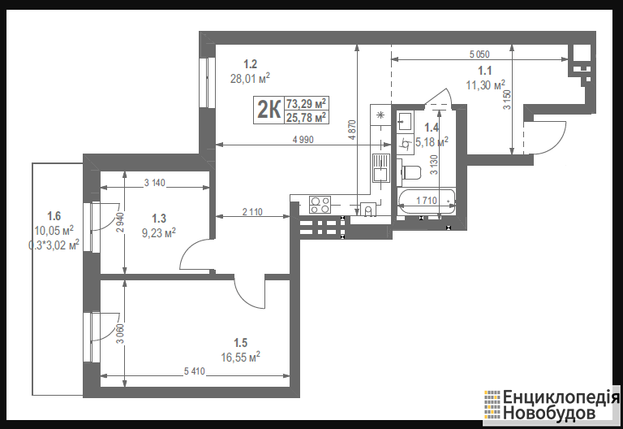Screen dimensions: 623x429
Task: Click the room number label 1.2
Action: tap(251, 64)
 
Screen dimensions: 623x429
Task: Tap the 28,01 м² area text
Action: tap(250, 78)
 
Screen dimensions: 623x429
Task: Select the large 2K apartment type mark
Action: tap(269, 110)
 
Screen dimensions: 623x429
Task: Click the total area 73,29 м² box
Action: tap(307, 104)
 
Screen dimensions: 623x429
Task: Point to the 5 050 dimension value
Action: tap(479, 54)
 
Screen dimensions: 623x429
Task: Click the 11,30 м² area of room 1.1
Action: tap(486, 85)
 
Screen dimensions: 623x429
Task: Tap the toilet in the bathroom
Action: tap(409, 173)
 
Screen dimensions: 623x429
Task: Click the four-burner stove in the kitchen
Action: tap(320, 205)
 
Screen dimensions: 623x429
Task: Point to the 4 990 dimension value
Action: tap(303, 140)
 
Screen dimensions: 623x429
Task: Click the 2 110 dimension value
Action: tap(252, 212)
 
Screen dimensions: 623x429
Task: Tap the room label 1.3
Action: tap(159, 219)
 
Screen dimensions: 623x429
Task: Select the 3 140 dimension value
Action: tap(155, 183)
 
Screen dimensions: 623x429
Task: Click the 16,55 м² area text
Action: tap(240, 357)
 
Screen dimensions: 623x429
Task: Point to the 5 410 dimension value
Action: tap(195, 371)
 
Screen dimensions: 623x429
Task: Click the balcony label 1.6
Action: tap(54, 216)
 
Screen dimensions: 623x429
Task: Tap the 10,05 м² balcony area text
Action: tap(54, 231)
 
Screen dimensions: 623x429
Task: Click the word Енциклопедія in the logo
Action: tap(561, 397)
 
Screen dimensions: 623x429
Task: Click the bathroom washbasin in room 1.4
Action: tap(406, 120)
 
